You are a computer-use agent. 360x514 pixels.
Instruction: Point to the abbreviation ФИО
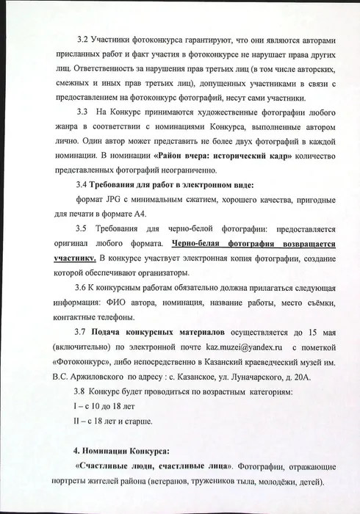click(x=125, y=303)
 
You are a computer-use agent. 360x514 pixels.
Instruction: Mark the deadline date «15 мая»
click(x=321, y=332)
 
